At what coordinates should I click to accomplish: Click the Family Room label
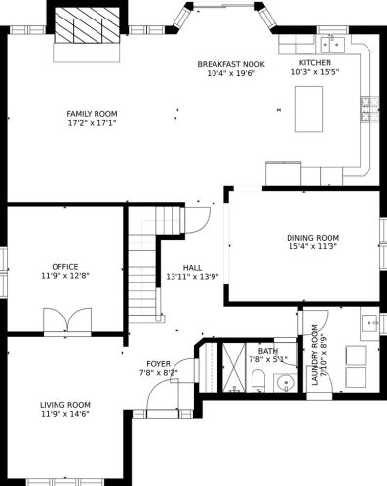click(92, 114)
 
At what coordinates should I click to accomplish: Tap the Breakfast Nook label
click(231, 64)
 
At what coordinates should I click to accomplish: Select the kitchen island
click(309, 109)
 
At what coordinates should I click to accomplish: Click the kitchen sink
click(332, 44)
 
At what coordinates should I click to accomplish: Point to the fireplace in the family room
click(87, 24)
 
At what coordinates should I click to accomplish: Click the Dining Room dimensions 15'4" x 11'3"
click(313, 246)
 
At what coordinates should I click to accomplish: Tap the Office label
click(65, 267)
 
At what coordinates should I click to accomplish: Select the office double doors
click(67, 319)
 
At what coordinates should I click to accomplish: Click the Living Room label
click(65, 405)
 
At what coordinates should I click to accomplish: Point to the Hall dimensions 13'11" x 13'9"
click(192, 277)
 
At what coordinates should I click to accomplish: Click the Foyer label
click(158, 364)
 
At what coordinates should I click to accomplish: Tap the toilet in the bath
click(258, 381)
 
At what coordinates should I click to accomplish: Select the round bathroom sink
click(286, 383)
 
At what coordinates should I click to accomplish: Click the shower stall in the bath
click(234, 367)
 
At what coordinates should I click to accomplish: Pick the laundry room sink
click(369, 322)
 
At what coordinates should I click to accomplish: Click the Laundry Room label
click(315, 355)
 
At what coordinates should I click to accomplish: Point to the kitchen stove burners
click(369, 108)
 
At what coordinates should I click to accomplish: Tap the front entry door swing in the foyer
click(163, 394)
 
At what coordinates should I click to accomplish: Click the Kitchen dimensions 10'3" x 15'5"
click(315, 72)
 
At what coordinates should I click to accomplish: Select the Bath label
click(268, 351)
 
